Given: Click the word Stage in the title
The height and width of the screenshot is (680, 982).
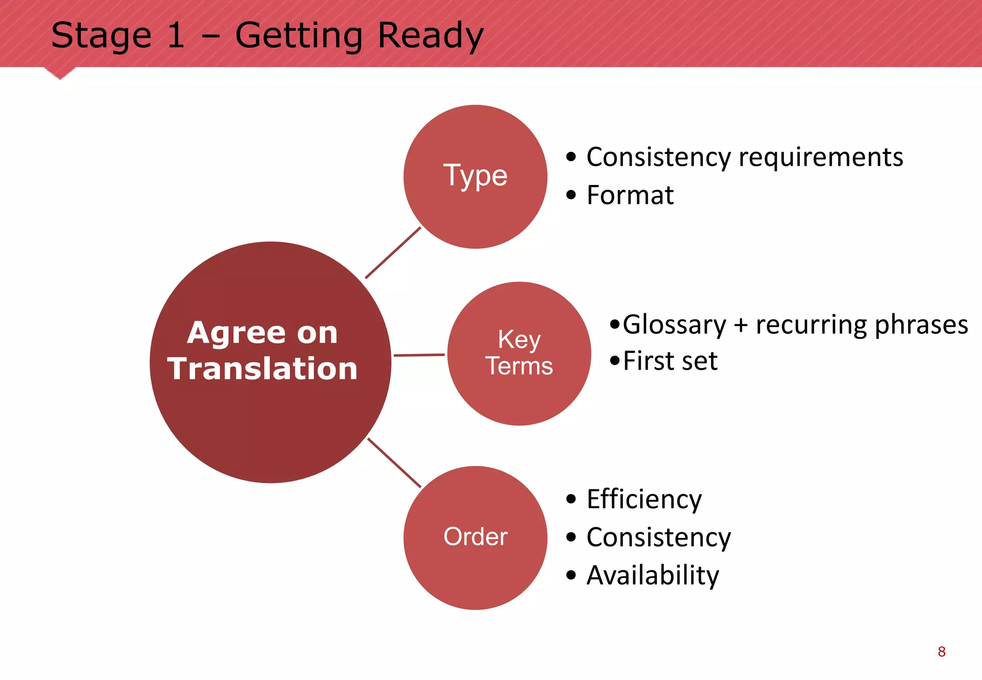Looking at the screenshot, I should [x=101, y=36].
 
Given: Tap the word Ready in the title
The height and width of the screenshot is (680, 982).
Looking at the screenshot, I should [x=430, y=36].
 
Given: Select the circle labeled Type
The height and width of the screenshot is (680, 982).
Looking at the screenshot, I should [x=475, y=176].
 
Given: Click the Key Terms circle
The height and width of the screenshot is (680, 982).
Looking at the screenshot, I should [x=519, y=353].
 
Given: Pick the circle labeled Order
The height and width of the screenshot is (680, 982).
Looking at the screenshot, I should [x=475, y=538].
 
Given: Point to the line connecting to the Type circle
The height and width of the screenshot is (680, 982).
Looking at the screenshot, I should [x=393, y=253].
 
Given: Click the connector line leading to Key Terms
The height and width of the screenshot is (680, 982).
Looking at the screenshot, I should [x=419, y=355].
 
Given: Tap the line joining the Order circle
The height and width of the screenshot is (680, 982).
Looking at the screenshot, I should [x=394, y=463].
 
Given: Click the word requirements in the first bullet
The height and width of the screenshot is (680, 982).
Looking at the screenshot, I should [x=820, y=158].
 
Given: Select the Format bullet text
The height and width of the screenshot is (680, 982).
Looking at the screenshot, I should [x=630, y=195].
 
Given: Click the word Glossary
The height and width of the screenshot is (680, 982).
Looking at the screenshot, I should [x=674, y=325].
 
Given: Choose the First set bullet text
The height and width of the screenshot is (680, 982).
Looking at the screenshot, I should [x=670, y=361].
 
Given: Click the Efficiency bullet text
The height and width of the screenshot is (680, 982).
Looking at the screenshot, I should [x=643, y=499].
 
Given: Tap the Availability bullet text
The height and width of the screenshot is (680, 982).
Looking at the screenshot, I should [x=653, y=575].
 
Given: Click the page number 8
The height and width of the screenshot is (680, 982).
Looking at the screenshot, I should [x=942, y=652].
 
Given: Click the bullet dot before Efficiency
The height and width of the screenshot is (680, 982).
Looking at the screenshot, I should [x=571, y=499].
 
